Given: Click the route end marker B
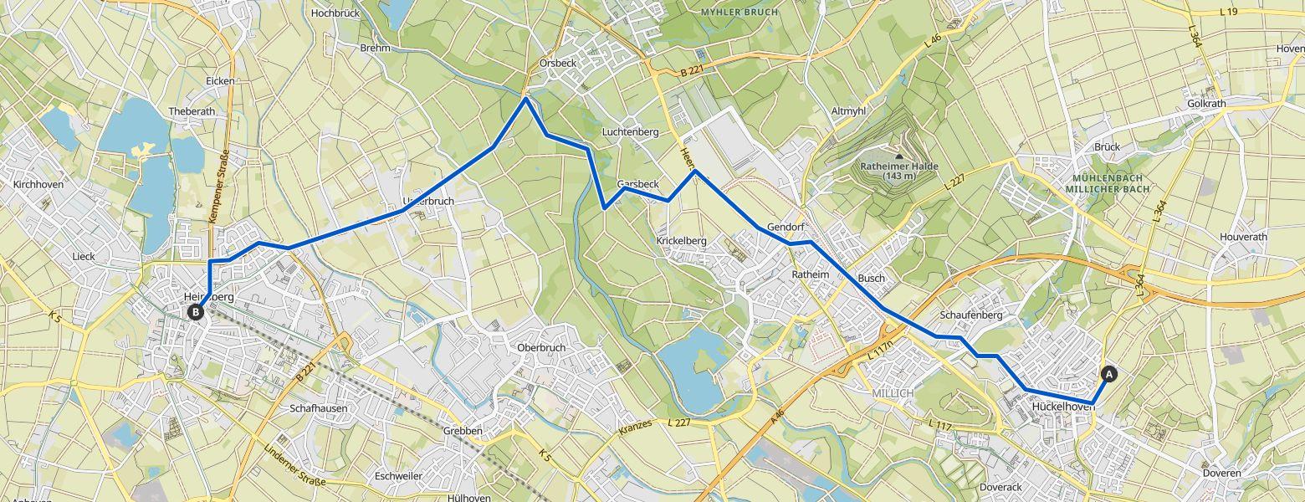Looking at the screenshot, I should [x=195, y=312].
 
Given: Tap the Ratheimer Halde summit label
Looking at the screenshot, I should [x=899, y=171].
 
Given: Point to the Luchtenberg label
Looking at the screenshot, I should [x=630, y=132].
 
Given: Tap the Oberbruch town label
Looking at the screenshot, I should [x=541, y=348].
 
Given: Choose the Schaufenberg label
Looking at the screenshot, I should [x=971, y=315].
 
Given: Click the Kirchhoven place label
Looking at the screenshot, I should [x=38, y=184].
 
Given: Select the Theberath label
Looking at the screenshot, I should [x=192, y=111].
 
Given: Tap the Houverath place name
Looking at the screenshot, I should [x=1243, y=237].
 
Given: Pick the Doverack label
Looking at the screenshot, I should [x=1000, y=487].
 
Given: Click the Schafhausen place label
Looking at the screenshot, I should [x=318, y=408].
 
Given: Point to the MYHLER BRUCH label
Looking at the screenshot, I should [x=739, y=13].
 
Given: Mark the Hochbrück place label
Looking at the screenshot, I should [x=335, y=13].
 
